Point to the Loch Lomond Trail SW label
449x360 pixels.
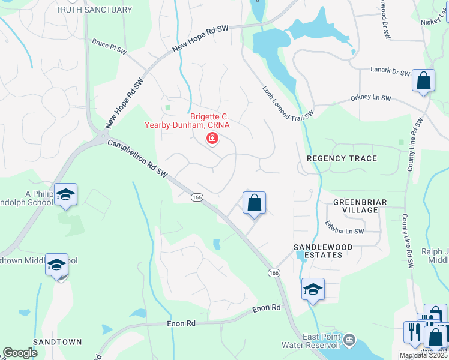pos(288,101)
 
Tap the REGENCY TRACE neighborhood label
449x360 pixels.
pos(342,158)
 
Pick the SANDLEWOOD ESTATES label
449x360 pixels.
pos(318,251)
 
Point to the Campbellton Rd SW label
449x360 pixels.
pos(137,159)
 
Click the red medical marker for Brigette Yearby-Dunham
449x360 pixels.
pos(212,139)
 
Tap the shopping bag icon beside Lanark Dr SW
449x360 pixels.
pos(423,80)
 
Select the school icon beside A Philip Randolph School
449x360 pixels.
pos(65,194)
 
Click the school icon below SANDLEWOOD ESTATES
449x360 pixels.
pos(313,289)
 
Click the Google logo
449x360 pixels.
pos(20,353)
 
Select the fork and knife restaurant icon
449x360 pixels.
pos(414,332)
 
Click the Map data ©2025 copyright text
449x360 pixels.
pos(424,355)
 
